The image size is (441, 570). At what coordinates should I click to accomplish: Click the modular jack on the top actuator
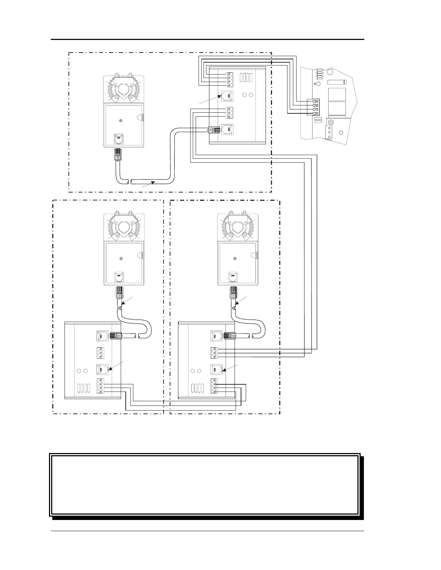coord(119,139)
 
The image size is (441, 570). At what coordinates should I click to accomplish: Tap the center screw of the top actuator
coord(121,121)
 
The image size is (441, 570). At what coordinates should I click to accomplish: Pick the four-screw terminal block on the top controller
coord(230,79)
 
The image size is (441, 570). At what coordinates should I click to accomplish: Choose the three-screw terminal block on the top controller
coord(230,113)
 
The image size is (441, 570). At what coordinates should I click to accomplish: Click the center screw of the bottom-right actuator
coord(235,258)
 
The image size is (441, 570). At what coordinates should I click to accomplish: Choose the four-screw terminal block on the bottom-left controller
coord(101,386)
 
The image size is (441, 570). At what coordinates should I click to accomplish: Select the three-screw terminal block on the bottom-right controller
coord(215,352)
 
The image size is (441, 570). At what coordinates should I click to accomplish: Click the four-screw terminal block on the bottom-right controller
coord(215,386)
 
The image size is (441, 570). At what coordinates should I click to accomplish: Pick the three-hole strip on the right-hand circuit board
coord(328,132)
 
